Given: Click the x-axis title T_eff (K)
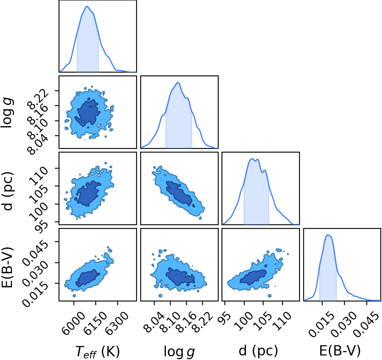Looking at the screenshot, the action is click(x=97, y=351).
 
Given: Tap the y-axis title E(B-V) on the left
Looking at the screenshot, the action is click(x=7, y=267).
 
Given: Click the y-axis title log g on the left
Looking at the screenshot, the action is click(x=7, y=112).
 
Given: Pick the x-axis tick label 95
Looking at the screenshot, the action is click(x=226, y=317).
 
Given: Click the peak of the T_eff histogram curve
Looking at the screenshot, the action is click(x=87, y=6).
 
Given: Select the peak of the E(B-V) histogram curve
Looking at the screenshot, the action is click(x=328, y=235).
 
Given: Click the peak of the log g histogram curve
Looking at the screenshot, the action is click(x=178, y=82).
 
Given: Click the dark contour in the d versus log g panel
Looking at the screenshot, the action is click(x=179, y=193).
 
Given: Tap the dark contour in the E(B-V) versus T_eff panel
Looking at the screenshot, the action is click(x=87, y=278).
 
